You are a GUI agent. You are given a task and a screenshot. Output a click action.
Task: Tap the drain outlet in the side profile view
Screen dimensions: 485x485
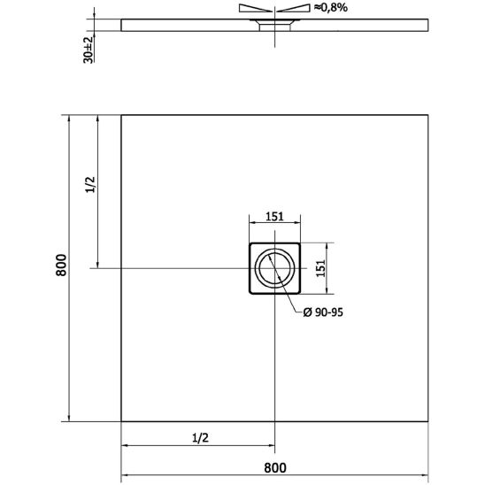pos(275,26)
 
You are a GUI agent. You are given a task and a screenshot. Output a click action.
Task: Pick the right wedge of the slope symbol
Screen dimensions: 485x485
pos(296,9)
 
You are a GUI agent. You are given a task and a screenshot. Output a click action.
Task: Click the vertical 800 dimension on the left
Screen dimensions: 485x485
pos(60,268)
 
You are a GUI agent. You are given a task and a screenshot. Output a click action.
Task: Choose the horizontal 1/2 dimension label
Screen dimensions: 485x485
pos(199,437)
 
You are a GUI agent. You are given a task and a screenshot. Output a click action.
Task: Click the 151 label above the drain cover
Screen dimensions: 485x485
pos(275,216)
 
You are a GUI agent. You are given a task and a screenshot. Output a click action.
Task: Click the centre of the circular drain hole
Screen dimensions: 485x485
pos(275,268)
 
